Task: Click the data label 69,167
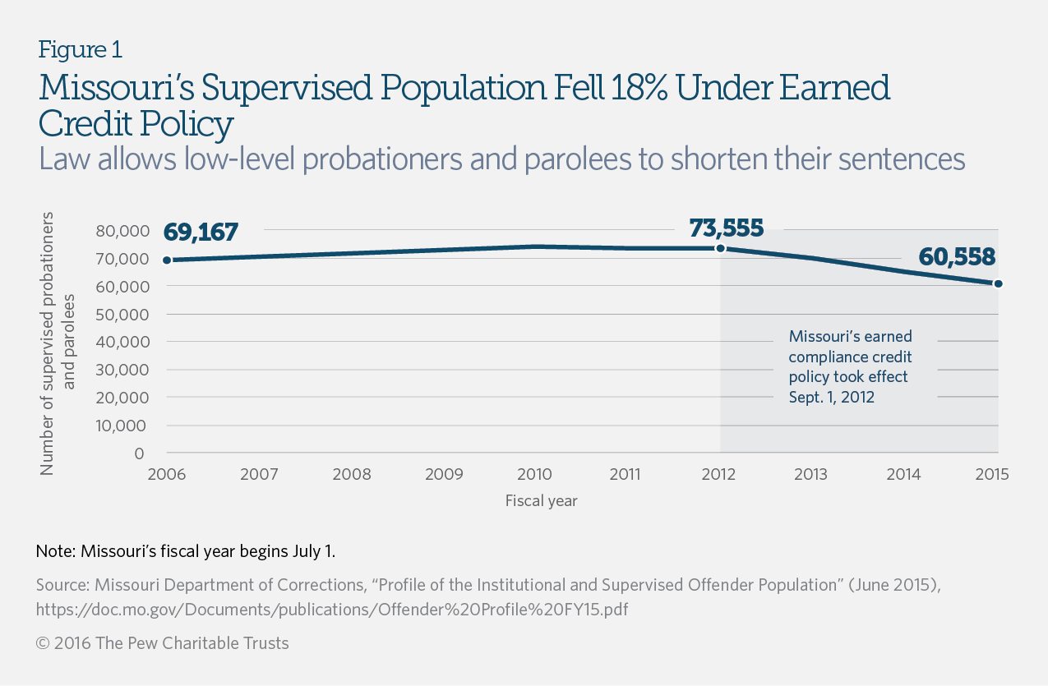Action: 201,233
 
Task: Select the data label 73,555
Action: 727,228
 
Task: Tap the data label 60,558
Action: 957,257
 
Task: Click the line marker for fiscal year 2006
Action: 167,260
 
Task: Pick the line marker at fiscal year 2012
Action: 720,248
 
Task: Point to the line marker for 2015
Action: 998,283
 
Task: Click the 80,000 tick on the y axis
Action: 120,231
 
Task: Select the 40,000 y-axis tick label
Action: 120,342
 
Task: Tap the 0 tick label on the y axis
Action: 139,453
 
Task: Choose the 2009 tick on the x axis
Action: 442,475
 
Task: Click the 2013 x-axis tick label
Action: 812,475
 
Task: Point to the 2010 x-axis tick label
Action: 534,475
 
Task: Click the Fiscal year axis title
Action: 541,500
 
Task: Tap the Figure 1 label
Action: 81,50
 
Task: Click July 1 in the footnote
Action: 312,551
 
